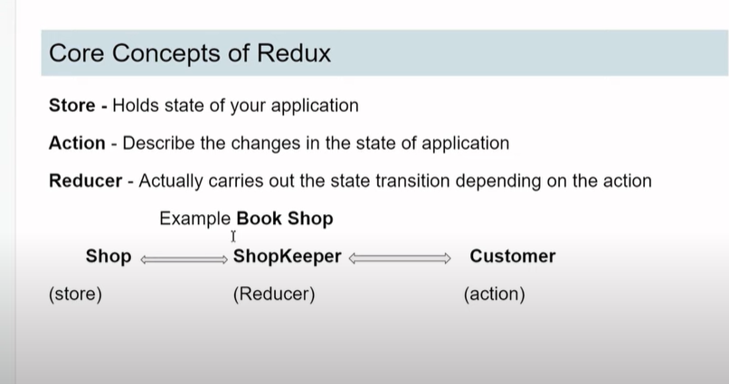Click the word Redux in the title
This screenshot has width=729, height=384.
pyautogui.click(x=293, y=53)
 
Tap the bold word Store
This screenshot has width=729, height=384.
pyautogui.click(x=72, y=106)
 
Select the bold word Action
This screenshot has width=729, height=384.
pyautogui.click(x=77, y=143)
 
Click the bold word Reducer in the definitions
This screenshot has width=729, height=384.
pyautogui.click(x=86, y=181)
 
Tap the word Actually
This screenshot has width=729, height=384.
pyautogui.click(x=171, y=182)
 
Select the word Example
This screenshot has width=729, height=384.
pyautogui.click(x=194, y=220)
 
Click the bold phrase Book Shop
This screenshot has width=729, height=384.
pyautogui.click(x=285, y=219)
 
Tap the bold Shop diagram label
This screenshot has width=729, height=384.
pyautogui.click(x=109, y=257)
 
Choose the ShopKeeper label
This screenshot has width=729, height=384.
pyautogui.click(x=288, y=257)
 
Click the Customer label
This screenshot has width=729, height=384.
pyautogui.click(x=512, y=257)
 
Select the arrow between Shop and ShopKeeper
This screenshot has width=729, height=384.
pyautogui.click(x=185, y=259)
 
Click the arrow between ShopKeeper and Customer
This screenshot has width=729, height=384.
pyautogui.click(x=400, y=258)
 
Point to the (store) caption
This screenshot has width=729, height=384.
pyautogui.click(x=75, y=295)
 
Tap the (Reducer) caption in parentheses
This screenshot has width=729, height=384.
pyautogui.click(x=274, y=295)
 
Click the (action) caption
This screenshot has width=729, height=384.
pyautogui.click(x=494, y=295)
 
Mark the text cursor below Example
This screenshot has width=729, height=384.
pyautogui.click(x=233, y=237)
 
